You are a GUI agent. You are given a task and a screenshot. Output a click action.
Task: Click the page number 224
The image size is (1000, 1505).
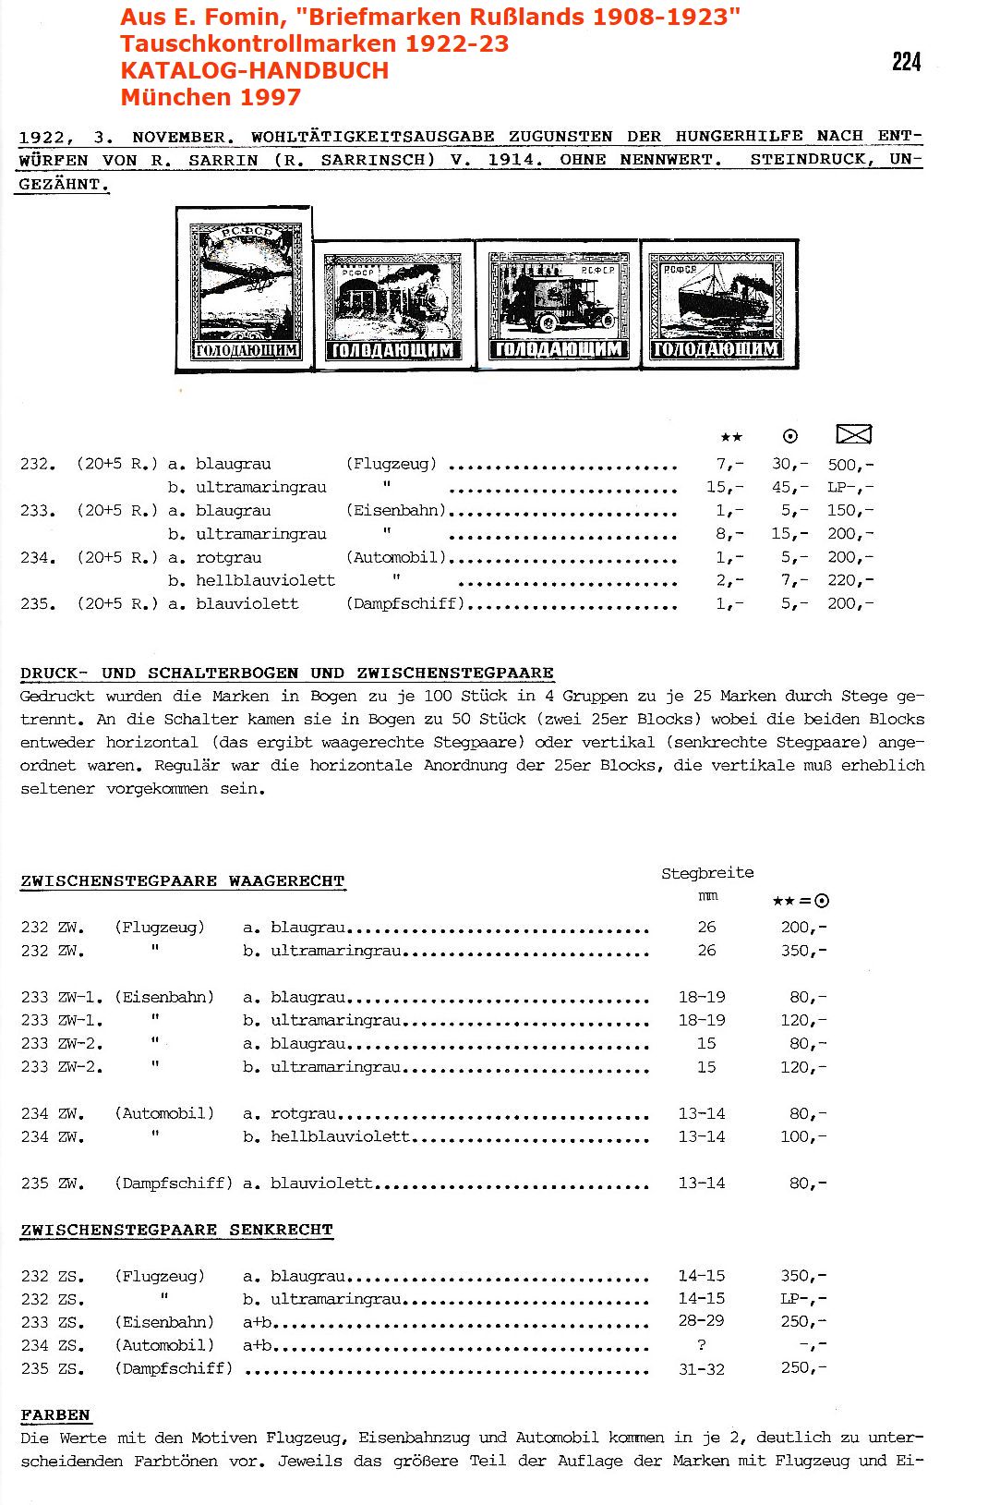pyautogui.click(x=906, y=62)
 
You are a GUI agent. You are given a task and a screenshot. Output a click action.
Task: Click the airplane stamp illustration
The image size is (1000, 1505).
pyautogui.click(x=245, y=290)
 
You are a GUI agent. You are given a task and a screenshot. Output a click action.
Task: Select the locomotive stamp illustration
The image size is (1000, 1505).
pyautogui.click(x=394, y=306)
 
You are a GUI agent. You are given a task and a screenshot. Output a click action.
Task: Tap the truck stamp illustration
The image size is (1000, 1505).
pyautogui.click(x=558, y=305)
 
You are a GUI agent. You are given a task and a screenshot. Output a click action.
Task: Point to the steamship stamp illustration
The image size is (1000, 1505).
pyautogui.click(x=717, y=306)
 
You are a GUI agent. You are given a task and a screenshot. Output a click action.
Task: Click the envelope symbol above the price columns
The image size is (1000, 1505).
pyautogui.click(x=853, y=434)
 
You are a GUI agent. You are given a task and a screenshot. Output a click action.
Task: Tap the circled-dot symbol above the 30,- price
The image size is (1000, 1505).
pyautogui.click(x=789, y=436)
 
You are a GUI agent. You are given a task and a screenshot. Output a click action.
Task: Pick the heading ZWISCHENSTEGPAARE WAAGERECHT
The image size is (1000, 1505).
pyautogui.click(x=182, y=881)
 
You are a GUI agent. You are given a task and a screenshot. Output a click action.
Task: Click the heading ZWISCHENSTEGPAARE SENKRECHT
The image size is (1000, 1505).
pyautogui.click(x=176, y=1230)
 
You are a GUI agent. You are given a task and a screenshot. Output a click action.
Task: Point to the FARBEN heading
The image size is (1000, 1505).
pyautogui.click(x=55, y=1415)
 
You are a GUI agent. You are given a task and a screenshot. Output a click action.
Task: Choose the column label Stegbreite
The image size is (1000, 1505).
pyautogui.click(x=707, y=873)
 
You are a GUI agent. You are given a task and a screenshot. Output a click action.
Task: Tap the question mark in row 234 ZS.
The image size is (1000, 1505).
pyautogui.click(x=702, y=1345)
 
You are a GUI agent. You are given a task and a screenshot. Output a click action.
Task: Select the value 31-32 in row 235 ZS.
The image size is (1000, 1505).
pyautogui.click(x=702, y=1369)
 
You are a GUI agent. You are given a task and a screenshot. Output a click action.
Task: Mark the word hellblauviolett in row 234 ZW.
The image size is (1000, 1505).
pyautogui.click(x=340, y=1136)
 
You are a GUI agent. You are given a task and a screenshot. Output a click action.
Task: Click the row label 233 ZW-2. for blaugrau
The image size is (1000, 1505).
pyautogui.click(x=62, y=1044)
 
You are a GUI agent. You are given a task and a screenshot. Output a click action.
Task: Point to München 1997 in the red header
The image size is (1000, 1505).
pyautogui.click(x=211, y=97)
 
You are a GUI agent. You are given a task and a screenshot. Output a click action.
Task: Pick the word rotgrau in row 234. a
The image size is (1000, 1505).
pyautogui.click(x=228, y=558)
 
